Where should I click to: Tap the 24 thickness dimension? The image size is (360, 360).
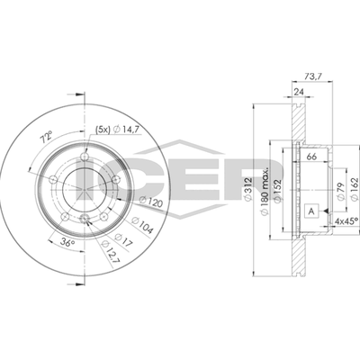(298, 92)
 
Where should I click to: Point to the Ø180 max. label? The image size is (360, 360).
(265, 191)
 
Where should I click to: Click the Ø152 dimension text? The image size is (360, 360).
(278, 191)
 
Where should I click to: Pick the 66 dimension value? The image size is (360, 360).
(312, 157)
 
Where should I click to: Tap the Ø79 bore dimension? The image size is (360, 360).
(341, 193)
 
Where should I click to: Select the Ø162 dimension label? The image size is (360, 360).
(355, 189)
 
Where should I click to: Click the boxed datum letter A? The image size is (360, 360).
(311, 211)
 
